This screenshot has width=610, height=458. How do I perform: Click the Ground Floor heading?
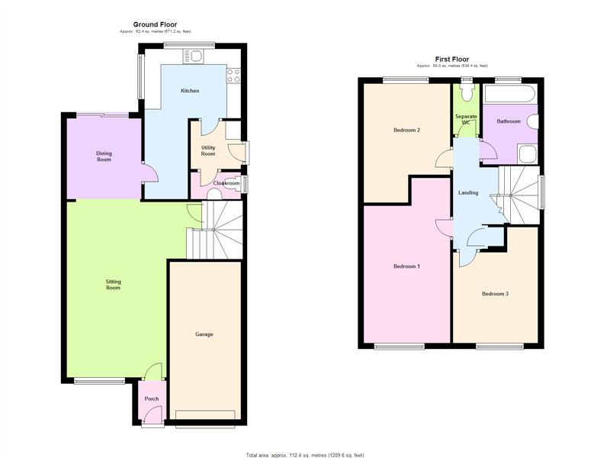[155, 24]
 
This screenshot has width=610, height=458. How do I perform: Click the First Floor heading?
[451, 60]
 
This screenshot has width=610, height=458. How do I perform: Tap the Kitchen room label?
[190, 91]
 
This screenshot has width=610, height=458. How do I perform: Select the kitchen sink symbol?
[193, 56]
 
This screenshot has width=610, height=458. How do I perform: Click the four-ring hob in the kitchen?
[233, 76]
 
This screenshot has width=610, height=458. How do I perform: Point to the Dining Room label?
[104, 156]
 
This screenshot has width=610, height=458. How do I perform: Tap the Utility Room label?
[208, 150]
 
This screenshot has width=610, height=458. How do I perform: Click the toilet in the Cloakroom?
[213, 194]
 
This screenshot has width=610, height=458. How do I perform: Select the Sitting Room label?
[113, 285]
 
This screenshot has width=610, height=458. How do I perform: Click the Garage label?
[204, 334]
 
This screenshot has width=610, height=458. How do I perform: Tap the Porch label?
[152, 398]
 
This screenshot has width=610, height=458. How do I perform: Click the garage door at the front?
[205, 414]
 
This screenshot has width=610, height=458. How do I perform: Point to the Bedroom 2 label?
[407, 130]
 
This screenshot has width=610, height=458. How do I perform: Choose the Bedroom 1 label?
[407, 266]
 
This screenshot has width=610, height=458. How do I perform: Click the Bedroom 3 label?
[495, 294]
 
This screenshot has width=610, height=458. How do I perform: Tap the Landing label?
[468, 193]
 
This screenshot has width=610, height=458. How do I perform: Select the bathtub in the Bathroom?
[509, 94]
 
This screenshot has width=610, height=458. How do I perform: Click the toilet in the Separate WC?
[466, 92]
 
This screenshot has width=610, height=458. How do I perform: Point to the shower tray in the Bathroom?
[528, 154]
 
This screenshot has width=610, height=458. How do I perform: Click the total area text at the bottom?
[306, 455]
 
